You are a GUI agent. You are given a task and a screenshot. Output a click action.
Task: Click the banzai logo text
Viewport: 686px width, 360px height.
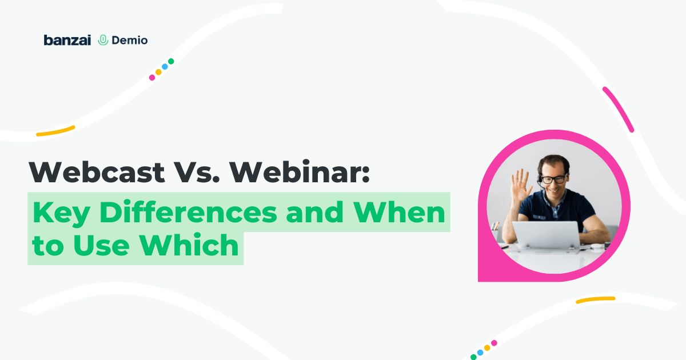[x=67, y=40]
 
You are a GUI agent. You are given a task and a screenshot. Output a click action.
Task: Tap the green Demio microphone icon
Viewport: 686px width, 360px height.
[x=103, y=40]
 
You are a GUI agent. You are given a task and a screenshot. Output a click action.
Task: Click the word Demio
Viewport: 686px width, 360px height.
[x=130, y=40]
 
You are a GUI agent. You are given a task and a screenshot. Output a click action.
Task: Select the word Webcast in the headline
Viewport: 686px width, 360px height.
[x=97, y=172]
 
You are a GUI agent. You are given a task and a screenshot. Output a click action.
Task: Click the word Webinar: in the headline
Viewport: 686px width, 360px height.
[x=300, y=172]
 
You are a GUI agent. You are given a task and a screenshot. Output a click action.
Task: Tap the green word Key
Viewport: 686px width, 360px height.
[x=61, y=213]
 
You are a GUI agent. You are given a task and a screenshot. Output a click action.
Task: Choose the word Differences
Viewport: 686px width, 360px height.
[x=188, y=212]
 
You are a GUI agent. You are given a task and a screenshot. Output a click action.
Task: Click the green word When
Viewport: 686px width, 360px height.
[x=399, y=212]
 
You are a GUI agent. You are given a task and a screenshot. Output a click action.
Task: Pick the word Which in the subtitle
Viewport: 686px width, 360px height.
[x=189, y=245]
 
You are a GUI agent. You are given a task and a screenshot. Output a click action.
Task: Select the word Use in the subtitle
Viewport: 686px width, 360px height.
[x=101, y=245]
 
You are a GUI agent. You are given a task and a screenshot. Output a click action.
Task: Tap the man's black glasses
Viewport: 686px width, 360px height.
[x=555, y=179]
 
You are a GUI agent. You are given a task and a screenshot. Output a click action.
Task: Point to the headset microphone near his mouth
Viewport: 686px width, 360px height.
[x=541, y=185]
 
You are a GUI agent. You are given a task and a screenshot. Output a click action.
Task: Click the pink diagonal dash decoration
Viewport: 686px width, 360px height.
[x=618, y=110]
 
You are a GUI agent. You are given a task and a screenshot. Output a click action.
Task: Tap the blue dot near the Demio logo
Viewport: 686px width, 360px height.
[x=165, y=67]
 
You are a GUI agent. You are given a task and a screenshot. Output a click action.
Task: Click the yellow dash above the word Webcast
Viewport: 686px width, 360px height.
[x=55, y=131]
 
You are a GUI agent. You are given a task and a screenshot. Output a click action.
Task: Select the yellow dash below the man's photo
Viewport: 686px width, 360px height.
[x=596, y=300]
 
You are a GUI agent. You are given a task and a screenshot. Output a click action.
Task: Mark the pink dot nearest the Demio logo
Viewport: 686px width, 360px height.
[x=152, y=78]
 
